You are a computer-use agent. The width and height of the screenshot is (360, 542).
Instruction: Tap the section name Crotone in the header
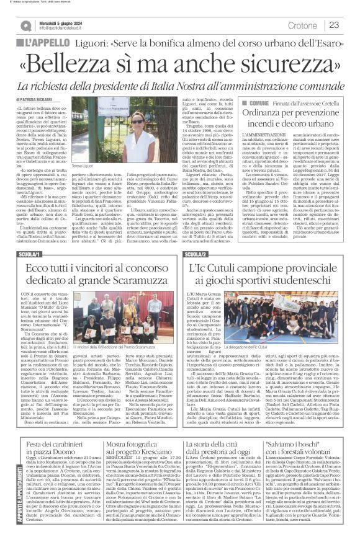coord(304,25)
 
